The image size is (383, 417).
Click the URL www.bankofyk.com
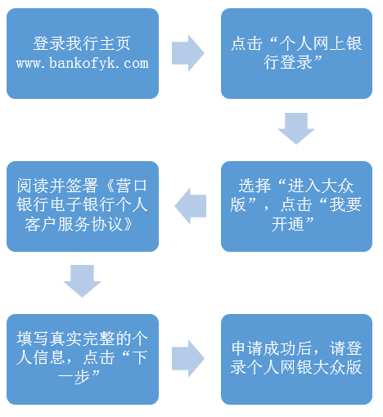tap(83, 63)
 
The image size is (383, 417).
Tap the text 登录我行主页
tap(82, 43)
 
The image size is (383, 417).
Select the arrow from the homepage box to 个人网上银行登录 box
tap(188, 53)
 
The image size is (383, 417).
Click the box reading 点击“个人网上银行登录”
tap(296, 53)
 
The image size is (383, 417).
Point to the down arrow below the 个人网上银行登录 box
tap(296, 128)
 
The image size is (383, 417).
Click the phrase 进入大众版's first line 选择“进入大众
tap(296, 186)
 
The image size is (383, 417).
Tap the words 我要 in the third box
tap(345, 205)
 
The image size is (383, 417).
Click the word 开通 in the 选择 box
tap(287, 224)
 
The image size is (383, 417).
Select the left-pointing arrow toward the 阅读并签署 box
tap(191, 206)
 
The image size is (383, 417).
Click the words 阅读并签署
tap(57, 186)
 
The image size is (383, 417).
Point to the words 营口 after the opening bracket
tap(132, 186)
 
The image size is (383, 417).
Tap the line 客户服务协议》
tap(79, 225)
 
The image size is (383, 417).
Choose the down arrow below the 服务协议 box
tap(82, 280)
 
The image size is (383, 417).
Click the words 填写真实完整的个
tap(82, 339)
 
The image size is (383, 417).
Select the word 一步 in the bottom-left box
tap(74, 377)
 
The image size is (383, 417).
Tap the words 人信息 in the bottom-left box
tap(41, 358)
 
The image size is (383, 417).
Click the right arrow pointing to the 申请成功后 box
tap(188, 359)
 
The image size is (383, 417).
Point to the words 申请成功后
tap(272, 348)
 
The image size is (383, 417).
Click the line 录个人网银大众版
tap(296, 368)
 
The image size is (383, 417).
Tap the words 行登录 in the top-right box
tap(287, 63)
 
